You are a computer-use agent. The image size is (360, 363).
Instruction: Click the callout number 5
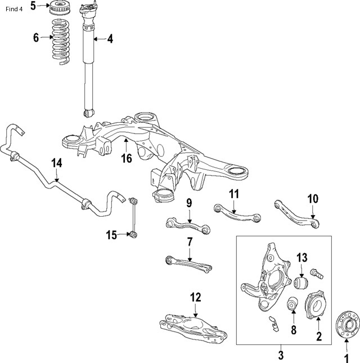coord(33,6)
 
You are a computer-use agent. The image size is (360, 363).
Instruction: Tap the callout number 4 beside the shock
coord(110,39)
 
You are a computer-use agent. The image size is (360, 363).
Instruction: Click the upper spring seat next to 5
coord(60,9)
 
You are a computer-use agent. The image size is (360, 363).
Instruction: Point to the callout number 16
coord(127,159)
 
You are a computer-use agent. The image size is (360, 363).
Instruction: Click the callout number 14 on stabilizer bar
coord(57,163)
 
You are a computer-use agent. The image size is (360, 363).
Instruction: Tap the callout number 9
coord(189,203)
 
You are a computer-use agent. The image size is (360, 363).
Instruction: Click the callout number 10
coord(313,198)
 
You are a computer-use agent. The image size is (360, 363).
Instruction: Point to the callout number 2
coord(318,338)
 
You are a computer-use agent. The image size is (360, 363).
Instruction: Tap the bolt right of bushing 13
coord(317,275)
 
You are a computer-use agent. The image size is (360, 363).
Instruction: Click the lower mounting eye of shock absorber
coord(88,113)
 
